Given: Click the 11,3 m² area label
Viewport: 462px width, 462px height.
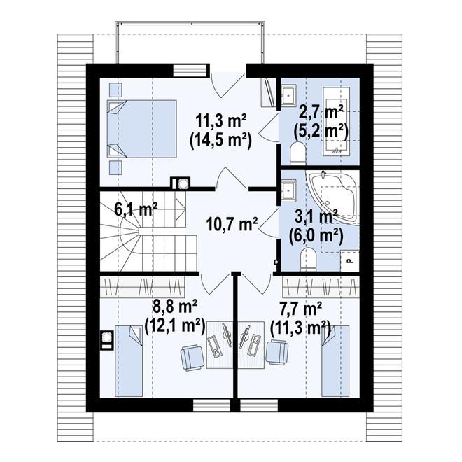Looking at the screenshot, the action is click(x=221, y=120).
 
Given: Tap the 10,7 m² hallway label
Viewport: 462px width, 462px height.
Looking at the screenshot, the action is click(x=232, y=224).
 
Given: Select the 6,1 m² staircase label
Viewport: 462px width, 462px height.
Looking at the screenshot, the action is click(x=136, y=210).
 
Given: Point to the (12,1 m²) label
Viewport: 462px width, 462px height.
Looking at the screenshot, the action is click(x=175, y=327).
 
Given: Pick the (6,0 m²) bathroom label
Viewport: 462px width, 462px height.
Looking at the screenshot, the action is click(x=316, y=236).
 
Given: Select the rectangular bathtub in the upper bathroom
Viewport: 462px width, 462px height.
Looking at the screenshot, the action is click(x=337, y=121).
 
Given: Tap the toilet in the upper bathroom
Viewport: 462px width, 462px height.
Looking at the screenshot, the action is click(x=298, y=153).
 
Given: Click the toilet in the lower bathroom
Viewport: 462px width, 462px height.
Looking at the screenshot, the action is click(x=308, y=259).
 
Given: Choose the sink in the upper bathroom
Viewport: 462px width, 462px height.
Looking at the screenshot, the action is click(x=288, y=94).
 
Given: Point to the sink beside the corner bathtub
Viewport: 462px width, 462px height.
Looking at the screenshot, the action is click(x=288, y=190).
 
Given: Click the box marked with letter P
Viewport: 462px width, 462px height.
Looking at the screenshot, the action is click(x=350, y=260).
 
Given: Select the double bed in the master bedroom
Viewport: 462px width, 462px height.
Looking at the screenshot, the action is click(x=141, y=129).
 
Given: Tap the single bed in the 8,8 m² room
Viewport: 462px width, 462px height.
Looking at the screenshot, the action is click(x=129, y=361).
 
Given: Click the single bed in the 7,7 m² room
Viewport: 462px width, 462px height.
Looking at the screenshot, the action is click(x=335, y=361).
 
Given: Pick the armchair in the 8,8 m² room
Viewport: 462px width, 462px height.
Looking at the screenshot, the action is click(x=192, y=358).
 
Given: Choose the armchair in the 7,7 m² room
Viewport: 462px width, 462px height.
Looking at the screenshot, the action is click(x=277, y=352).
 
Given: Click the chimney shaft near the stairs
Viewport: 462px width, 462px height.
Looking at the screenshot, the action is click(x=181, y=184).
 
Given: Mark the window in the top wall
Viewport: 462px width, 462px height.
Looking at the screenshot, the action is click(x=190, y=71).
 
